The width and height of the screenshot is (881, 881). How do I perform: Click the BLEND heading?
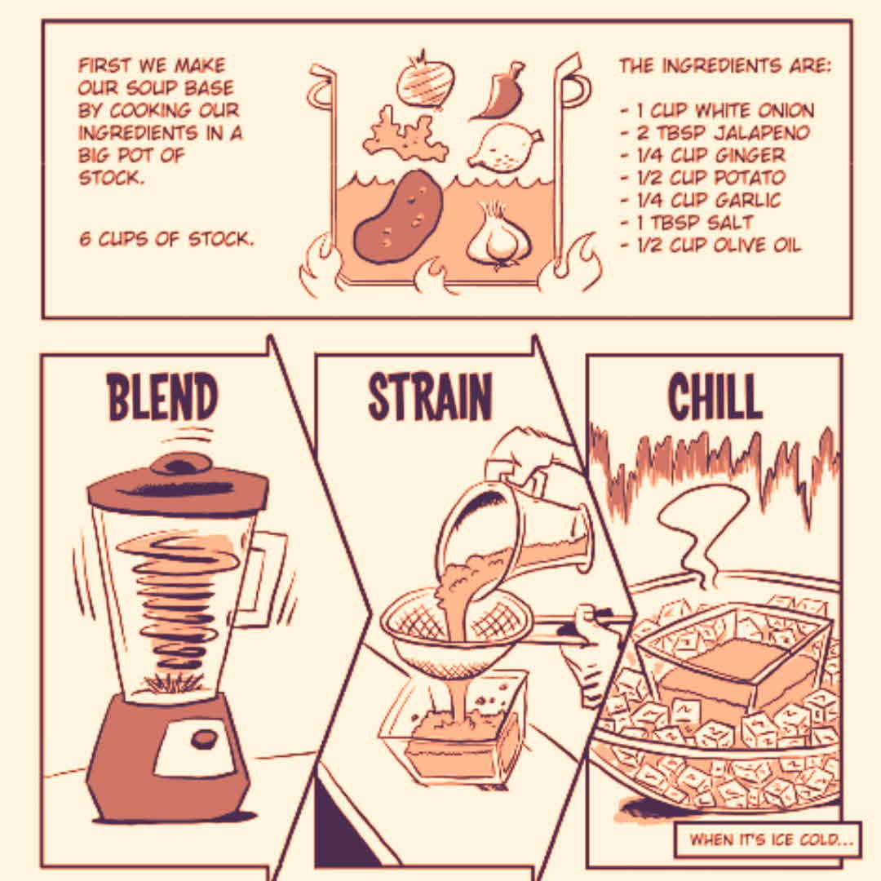click(x=162, y=396)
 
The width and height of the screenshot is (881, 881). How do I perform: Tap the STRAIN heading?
click(x=430, y=396)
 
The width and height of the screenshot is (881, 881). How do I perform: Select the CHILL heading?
click(x=715, y=396)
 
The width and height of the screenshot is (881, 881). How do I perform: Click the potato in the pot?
click(x=398, y=217)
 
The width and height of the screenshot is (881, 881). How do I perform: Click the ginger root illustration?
click(x=405, y=135)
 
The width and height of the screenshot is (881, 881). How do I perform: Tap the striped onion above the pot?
click(x=425, y=82)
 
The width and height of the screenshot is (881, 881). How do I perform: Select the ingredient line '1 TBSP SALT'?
click(x=686, y=223)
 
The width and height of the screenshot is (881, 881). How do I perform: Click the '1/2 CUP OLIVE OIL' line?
click(x=711, y=245)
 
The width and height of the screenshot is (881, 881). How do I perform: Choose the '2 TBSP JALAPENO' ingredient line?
click(x=715, y=133)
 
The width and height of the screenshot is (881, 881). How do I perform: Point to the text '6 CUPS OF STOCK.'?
click(x=166, y=239)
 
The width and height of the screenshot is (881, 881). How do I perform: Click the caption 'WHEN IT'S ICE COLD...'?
click(x=771, y=840)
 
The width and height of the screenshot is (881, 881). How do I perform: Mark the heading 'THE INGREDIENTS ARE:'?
click(x=725, y=66)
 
